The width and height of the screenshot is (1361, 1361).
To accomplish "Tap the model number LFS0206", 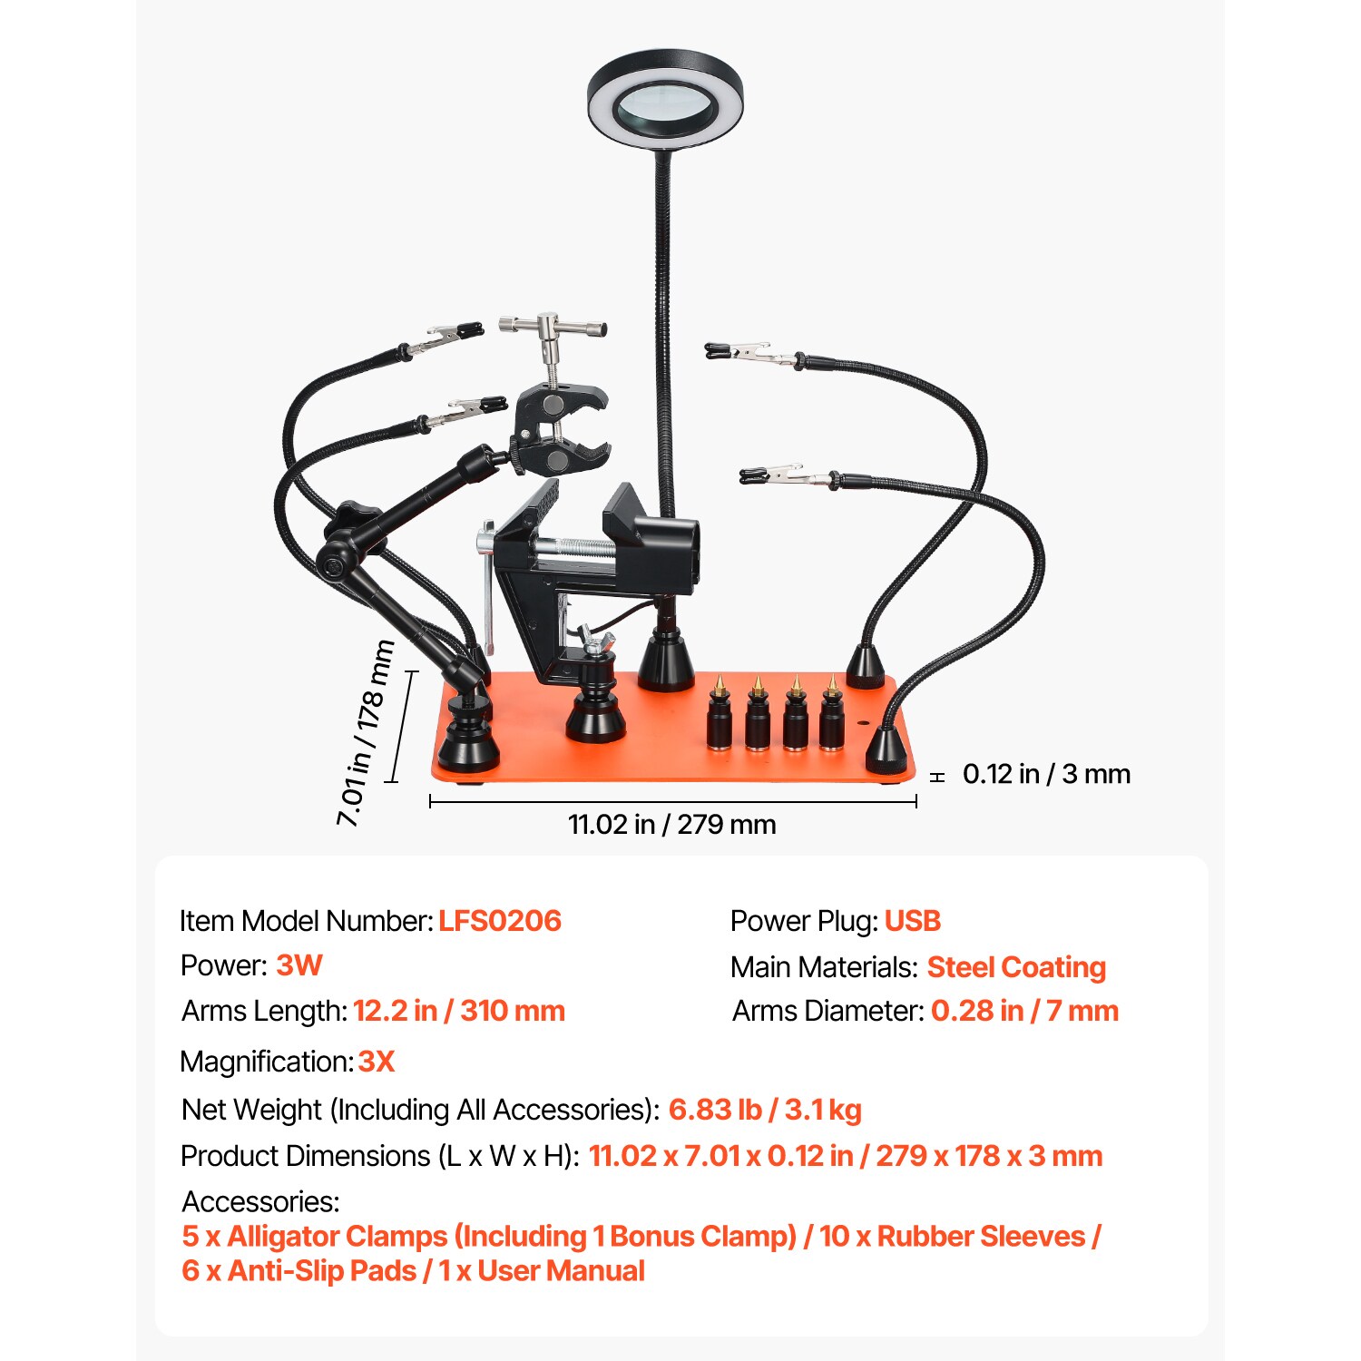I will [x=500, y=921].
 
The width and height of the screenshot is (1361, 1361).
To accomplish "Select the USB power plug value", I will [x=912, y=921].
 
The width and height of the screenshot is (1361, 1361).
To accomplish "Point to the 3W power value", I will [x=299, y=965].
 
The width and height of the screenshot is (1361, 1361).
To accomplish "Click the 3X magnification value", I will [x=377, y=1062].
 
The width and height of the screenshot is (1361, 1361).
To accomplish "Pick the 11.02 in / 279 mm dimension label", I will [x=671, y=825].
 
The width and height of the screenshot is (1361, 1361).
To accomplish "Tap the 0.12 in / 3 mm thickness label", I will [x=1046, y=774].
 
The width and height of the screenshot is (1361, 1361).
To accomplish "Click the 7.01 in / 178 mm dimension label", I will [x=366, y=733].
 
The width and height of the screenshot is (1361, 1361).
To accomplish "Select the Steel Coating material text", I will [x=1016, y=967].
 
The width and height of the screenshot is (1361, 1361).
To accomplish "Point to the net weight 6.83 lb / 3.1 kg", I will [x=765, y=1110].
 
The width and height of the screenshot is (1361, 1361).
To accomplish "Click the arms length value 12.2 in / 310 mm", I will [x=458, y=1011].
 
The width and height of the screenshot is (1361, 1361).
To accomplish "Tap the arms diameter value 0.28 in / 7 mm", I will [x=1024, y=1011].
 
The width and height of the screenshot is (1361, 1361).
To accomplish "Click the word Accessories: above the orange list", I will [x=260, y=1201].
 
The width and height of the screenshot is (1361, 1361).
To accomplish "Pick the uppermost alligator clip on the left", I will [x=445, y=338].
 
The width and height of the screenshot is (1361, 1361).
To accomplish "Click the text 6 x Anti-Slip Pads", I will [x=299, y=1271].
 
